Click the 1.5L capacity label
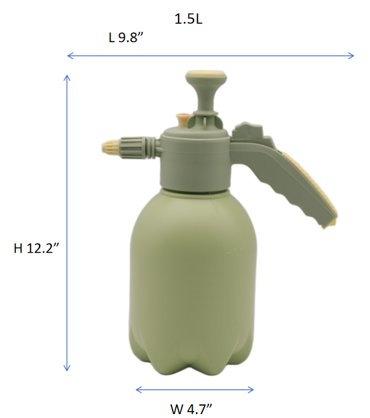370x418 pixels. (188, 19)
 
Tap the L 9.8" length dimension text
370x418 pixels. (126, 38)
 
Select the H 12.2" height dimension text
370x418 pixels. (36, 248)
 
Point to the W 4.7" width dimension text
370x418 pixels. (191, 409)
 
